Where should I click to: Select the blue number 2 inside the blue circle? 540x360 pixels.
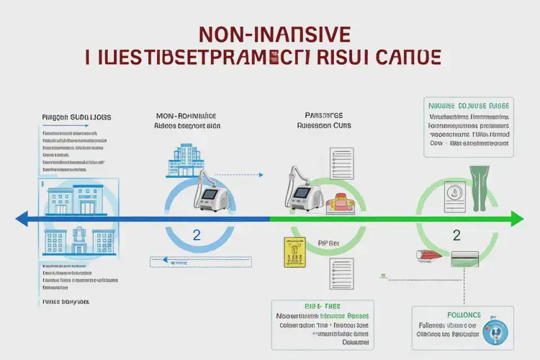(197, 235)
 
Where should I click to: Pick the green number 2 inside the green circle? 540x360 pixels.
(456, 235)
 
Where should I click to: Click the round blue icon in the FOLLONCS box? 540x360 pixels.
(496, 332)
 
